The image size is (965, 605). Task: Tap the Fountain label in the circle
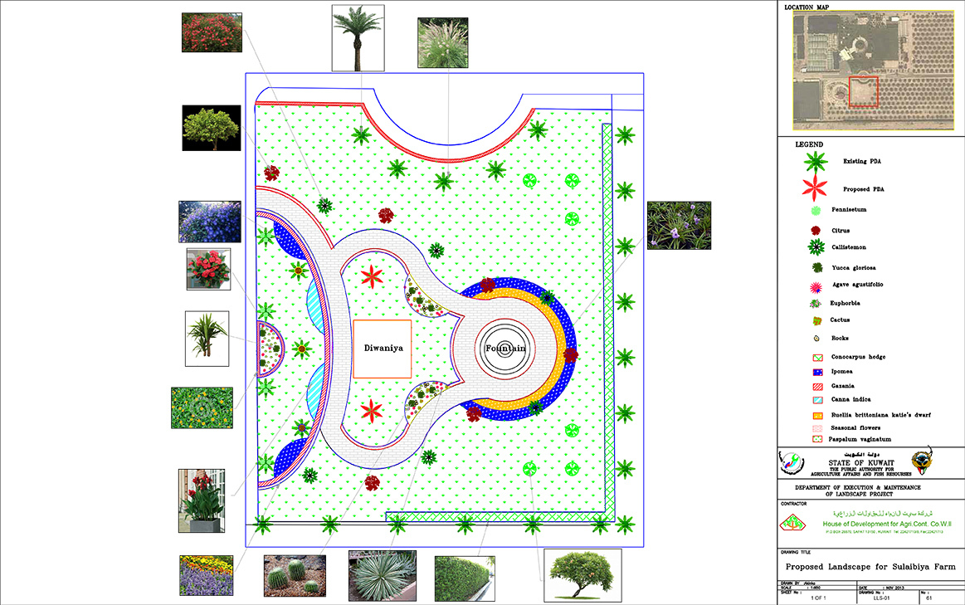[x=505, y=349]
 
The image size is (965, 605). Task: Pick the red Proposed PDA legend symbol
[x=816, y=187]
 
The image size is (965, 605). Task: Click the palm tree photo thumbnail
[x=358, y=37]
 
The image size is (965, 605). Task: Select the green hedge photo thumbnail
[x=465, y=578]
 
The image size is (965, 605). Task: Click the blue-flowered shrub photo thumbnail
[x=210, y=222]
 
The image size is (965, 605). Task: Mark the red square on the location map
[x=863, y=91]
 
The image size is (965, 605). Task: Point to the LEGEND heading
[x=809, y=144]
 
